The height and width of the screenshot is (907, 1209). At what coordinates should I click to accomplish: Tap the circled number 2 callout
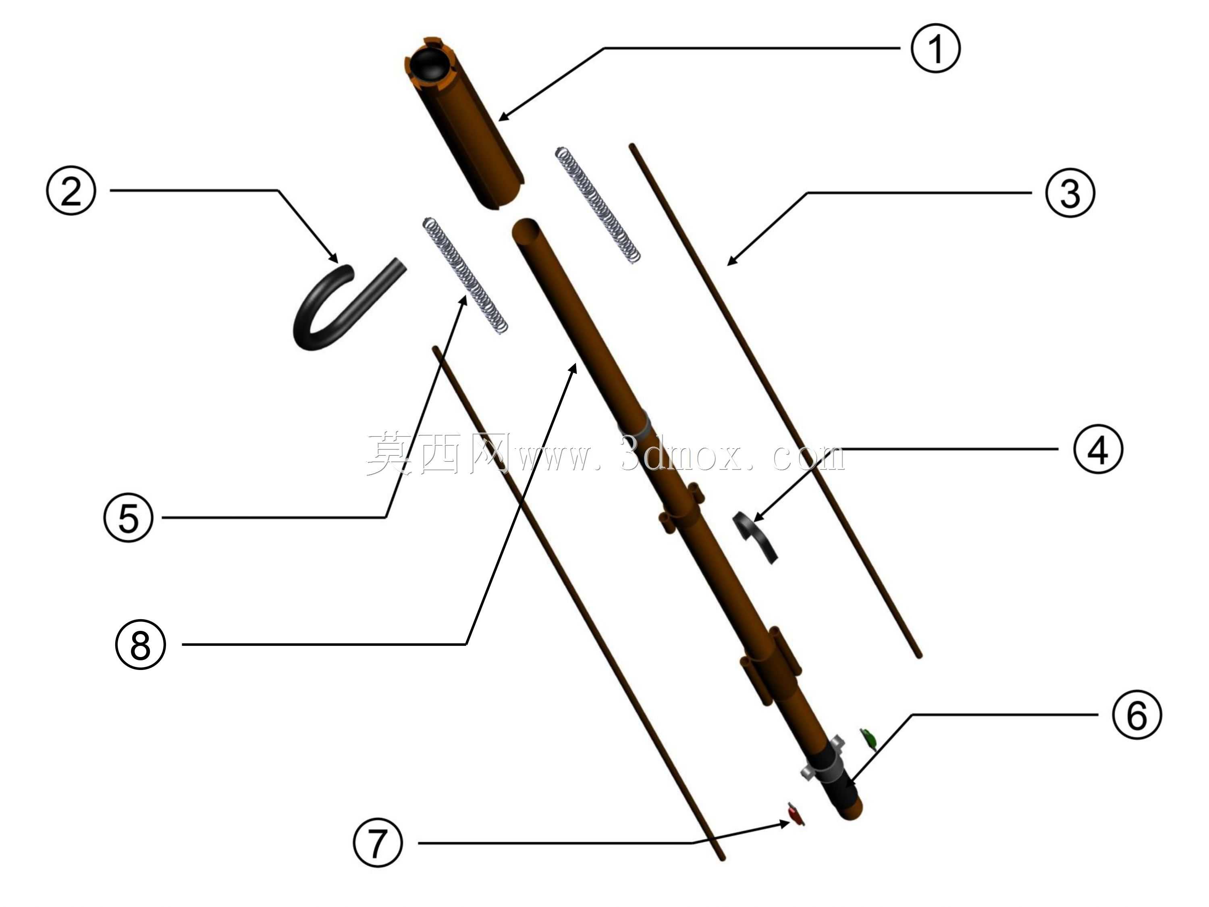71,191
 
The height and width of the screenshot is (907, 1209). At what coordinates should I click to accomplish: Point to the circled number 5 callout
129,517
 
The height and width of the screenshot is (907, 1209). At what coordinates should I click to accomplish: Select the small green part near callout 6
868,738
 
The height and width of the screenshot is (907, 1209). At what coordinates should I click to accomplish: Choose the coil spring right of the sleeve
597,205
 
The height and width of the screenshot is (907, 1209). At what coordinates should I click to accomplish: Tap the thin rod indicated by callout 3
776,401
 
